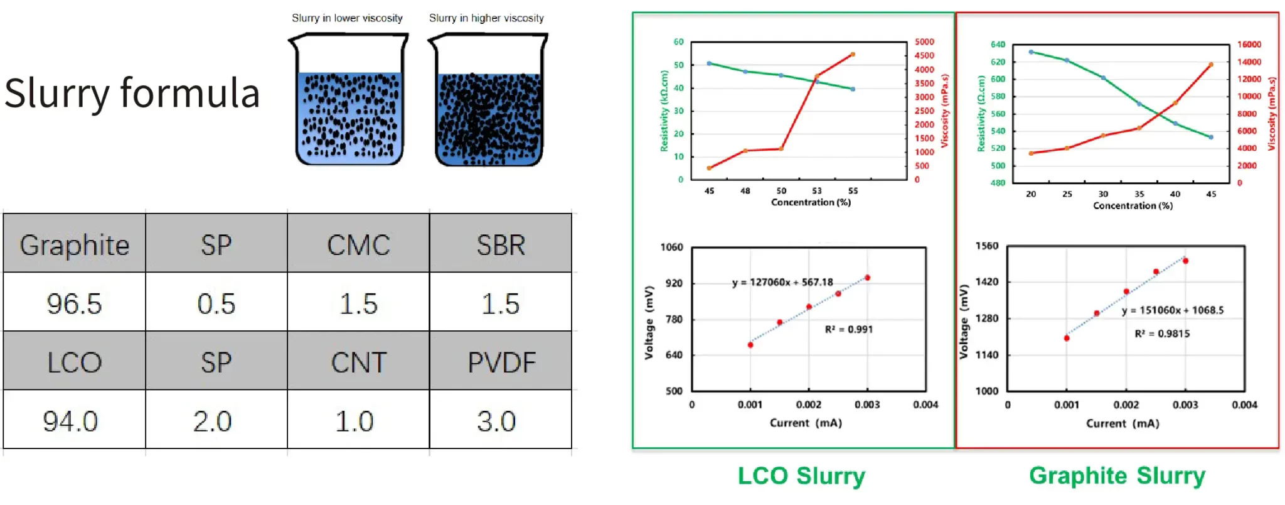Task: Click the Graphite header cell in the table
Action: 74,244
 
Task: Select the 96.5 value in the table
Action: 74,304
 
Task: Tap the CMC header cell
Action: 358,244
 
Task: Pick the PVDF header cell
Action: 501,362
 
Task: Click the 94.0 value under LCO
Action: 70,421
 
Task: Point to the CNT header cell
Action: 358,362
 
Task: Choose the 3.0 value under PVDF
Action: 496,421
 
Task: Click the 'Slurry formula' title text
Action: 132,93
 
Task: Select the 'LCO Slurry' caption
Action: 801,475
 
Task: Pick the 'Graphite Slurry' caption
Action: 1117,475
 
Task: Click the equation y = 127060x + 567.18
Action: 782,283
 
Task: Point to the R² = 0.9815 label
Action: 1162,334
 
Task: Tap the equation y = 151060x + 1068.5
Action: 1173,310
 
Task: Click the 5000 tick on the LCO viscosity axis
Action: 924,42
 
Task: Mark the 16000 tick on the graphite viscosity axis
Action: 1249,45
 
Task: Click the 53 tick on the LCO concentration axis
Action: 816,191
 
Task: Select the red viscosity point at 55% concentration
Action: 852,55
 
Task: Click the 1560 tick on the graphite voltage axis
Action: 986,246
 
